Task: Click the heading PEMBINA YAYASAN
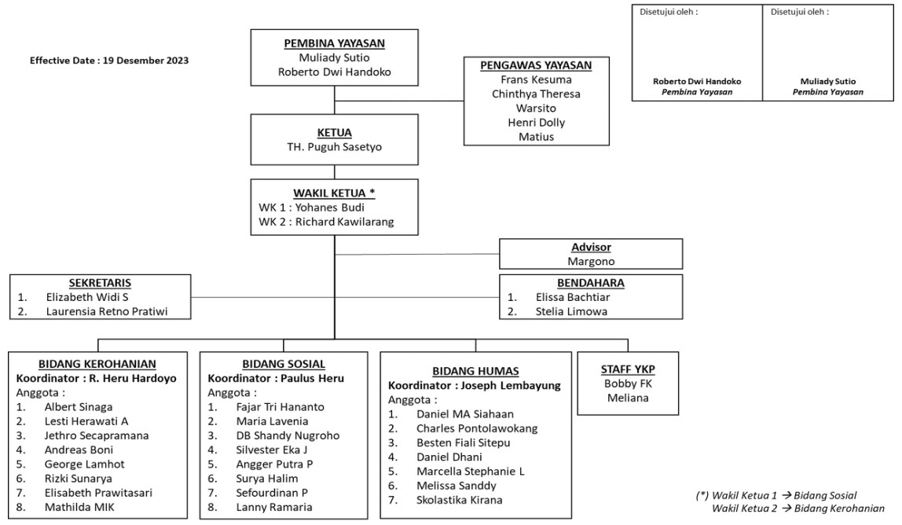coord(334,43)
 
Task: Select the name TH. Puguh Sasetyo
coord(334,148)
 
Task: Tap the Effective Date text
coord(109,61)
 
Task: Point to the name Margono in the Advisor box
coord(591,261)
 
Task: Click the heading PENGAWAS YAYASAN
coord(536,65)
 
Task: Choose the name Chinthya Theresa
coord(536,94)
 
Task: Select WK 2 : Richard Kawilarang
coord(326,222)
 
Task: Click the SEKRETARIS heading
coord(100,283)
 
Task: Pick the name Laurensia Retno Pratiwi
coord(107,312)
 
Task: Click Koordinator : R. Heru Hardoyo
coord(97,378)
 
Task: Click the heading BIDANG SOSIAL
coord(284,364)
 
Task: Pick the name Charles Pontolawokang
coord(477,428)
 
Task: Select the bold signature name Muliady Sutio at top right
coord(827,81)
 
